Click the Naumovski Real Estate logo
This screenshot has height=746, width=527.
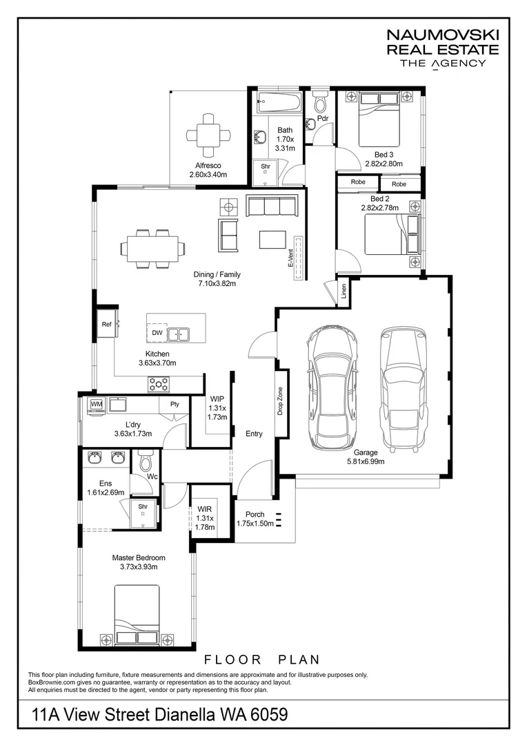443,49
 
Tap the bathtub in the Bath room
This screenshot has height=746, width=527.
279,102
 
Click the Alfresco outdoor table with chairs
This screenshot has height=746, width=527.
208,135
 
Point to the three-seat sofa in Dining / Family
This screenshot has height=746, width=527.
271,206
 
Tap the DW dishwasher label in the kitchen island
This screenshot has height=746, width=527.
157,333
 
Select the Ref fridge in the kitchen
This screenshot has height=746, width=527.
108,324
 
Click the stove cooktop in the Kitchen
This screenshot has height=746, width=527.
159,385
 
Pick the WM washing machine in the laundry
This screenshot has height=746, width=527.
97,404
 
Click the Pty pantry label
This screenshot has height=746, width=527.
175,404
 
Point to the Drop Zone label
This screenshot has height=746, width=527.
280,401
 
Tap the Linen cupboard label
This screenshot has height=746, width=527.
344,291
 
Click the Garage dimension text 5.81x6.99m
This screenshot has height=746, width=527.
366,461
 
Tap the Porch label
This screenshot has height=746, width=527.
255,515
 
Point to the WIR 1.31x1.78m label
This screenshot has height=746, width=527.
205,518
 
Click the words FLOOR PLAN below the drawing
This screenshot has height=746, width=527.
262,660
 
